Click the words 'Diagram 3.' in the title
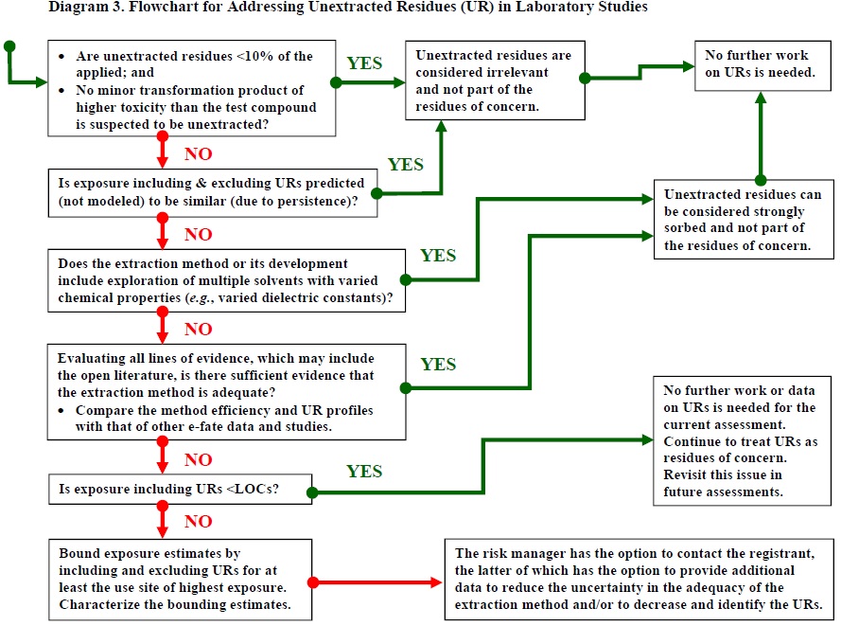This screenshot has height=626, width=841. (x=43, y=9)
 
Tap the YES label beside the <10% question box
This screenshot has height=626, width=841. (x=365, y=63)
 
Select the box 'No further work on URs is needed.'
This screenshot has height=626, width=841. (x=758, y=64)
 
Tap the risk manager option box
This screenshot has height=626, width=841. (x=640, y=578)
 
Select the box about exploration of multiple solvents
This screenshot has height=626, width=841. (x=227, y=281)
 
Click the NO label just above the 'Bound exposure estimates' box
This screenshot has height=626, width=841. (x=198, y=521)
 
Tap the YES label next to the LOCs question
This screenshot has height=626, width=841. (x=364, y=472)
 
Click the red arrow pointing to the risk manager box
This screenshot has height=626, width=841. (x=378, y=581)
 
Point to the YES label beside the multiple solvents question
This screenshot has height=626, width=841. (x=438, y=256)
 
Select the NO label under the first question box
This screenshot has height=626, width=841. (x=198, y=153)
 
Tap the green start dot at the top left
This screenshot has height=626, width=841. (x=9, y=45)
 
